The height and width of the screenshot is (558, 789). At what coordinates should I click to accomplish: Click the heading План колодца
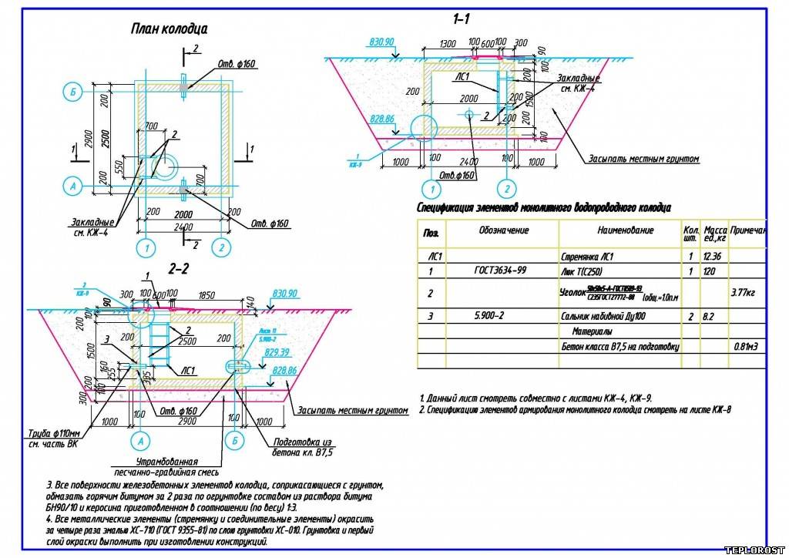[169, 29]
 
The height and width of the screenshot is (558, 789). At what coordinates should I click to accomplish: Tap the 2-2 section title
[179, 269]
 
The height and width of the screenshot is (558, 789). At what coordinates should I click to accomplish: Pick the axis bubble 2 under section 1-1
[505, 188]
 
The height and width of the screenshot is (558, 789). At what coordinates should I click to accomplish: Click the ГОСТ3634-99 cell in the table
[501, 271]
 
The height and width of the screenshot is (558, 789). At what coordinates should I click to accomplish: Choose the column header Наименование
[625, 230]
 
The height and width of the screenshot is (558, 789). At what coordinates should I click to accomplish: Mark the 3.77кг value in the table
[745, 293]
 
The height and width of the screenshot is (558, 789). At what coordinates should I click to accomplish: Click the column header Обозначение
[504, 230]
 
